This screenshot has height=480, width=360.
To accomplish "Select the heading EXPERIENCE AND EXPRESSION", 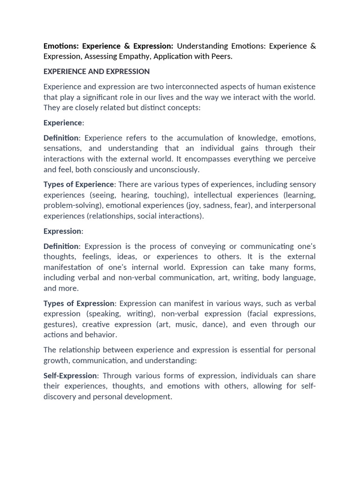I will pyautogui.click(x=97, y=71).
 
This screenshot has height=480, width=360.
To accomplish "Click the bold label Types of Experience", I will pyautogui.click(x=79, y=184).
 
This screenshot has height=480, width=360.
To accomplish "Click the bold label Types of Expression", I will pyautogui.click(x=79, y=303).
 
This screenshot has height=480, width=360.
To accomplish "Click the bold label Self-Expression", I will pyautogui.click(x=70, y=375).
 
